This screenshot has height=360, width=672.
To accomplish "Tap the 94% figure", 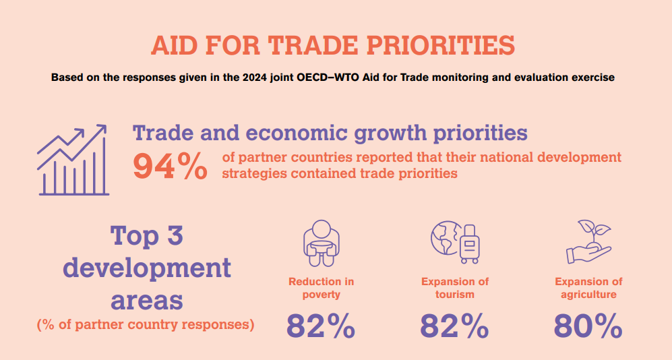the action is [x=170, y=167].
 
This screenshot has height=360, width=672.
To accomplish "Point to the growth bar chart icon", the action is [x=72, y=160].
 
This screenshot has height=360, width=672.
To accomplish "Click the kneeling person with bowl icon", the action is [x=322, y=243].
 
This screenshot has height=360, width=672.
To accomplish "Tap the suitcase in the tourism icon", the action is [x=470, y=244].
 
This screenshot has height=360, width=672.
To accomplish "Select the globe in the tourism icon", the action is [x=446, y=238].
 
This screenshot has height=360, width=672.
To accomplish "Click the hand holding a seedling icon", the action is [x=589, y=242].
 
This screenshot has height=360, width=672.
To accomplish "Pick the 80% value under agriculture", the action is [x=588, y=326].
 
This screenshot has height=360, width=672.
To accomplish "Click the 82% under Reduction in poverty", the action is [x=321, y=326].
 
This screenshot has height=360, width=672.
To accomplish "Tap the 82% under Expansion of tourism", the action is [x=455, y=326].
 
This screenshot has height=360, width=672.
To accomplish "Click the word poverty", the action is [x=321, y=295].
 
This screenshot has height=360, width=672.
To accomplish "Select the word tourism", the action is [x=455, y=295].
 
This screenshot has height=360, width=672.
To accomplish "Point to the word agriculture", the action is [x=588, y=295].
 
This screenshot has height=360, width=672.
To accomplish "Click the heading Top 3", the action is [x=147, y=235].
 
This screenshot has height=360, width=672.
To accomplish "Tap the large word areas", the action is [x=147, y=301].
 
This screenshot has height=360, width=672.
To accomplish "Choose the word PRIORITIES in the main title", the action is [x=441, y=45].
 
